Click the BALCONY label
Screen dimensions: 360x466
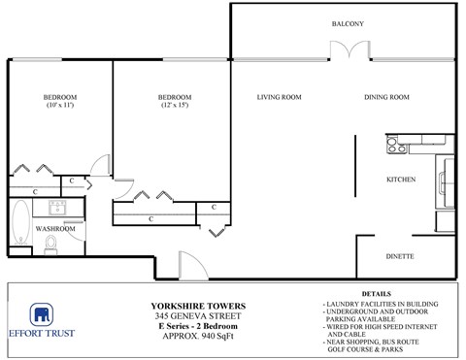point(348,23)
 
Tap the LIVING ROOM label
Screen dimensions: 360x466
point(279,97)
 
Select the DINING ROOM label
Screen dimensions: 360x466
point(386,97)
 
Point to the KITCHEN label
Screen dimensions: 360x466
point(401,180)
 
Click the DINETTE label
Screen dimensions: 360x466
point(401,256)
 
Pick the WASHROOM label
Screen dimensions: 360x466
point(55,229)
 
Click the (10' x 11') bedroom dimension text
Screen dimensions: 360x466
point(59,105)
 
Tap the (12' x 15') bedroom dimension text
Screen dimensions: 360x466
point(175,105)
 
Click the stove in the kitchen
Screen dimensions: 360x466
point(394,147)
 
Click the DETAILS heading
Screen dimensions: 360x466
point(376,292)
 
